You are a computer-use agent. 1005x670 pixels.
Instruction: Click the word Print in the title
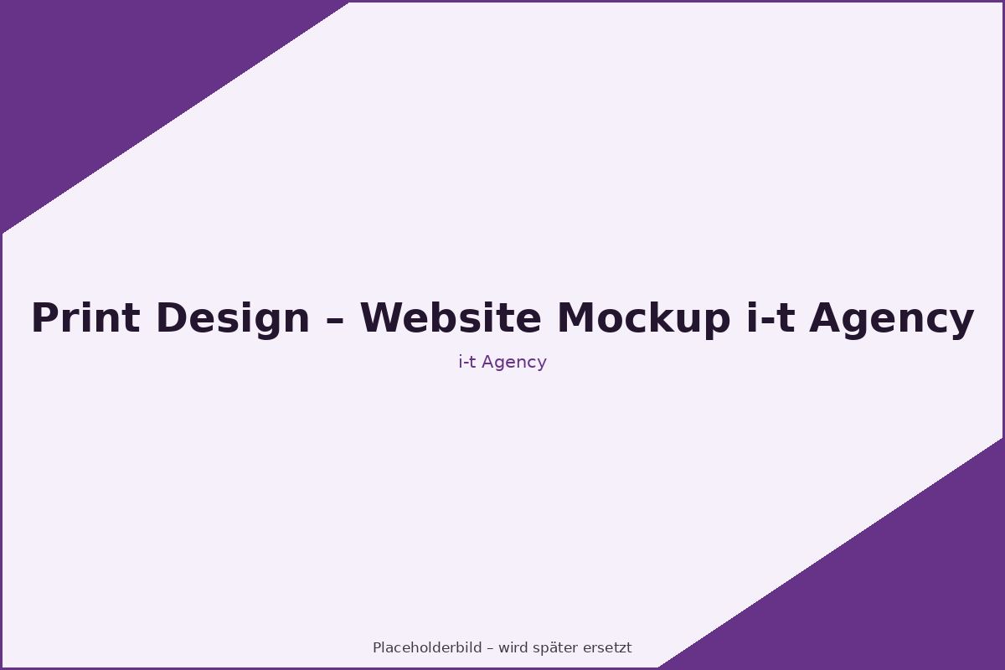pyautogui.click(x=85, y=317)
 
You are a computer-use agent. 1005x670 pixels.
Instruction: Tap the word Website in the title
pyautogui.click(x=451, y=317)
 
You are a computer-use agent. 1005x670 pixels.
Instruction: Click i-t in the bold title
pyautogui.click(x=770, y=317)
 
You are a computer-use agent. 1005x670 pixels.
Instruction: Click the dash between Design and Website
pyautogui.click(x=335, y=321)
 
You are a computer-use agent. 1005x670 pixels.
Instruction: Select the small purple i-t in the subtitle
pyautogui.click(x=467, y=362)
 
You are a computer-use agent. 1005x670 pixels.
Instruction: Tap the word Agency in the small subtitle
pyautogui.click(x=514, y=363)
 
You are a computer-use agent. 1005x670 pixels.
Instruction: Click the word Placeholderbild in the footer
pyautogui.click(x=427, y=647)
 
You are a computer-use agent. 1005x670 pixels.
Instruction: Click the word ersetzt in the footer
pyautogui.click(x=607, y=648)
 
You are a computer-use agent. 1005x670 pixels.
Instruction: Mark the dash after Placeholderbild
pyautogui.click(x=490, y=649)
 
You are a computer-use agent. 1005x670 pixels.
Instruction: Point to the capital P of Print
pyautogui.click(x=44, y=317)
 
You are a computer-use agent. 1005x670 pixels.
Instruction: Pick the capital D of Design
pyautogui.click(x=171, y=317)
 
